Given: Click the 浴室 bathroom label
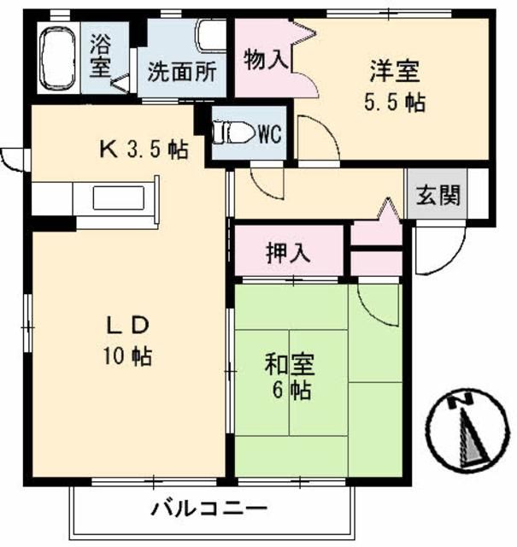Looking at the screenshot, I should point(100,56).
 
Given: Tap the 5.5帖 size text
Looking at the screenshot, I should point(394,102).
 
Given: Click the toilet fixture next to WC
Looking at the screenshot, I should point(232,132).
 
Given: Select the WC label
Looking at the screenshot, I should point(269,133).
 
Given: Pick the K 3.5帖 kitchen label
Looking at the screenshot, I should point(143,150).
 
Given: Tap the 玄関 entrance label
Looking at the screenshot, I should point(437,195).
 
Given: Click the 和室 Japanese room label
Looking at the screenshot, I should point(291,365).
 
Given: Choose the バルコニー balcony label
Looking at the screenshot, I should point(209,511).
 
